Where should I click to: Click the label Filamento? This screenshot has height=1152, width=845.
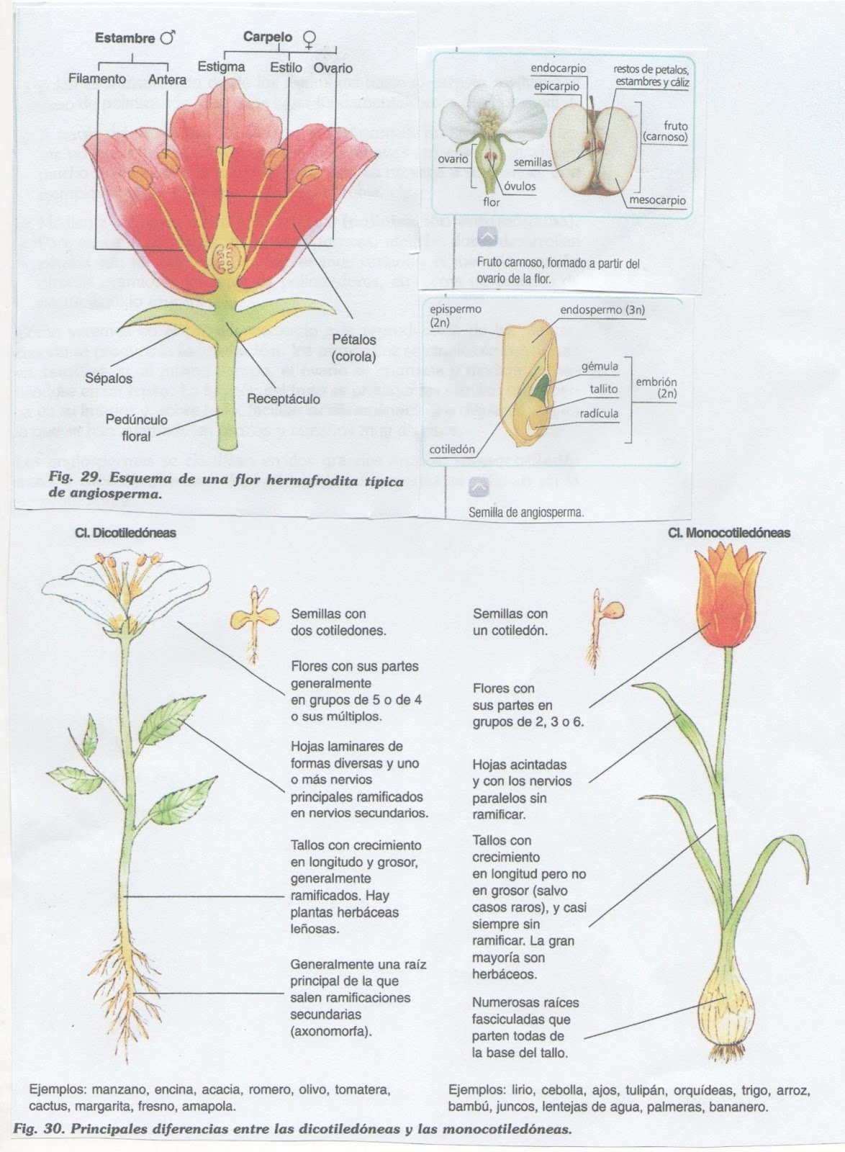[x=97, y=80]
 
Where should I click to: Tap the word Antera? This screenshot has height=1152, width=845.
[x=167, y=80]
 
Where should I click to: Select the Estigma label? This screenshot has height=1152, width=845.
[x=221, y=67]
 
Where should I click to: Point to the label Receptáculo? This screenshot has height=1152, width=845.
[x=283, y=398]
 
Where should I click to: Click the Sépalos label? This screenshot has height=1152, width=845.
[x=109, y=378]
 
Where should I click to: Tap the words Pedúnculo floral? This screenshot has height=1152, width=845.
[x=136, y=428]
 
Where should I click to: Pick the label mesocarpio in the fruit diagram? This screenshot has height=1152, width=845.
[x=658, y=201]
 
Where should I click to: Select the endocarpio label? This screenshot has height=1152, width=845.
[x=559, y=68]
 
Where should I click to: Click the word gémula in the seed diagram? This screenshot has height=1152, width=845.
[x=600, y=366]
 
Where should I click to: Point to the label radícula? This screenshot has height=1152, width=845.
[x=600, y=413]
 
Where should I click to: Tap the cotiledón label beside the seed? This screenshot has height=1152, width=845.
[x=452, y=449]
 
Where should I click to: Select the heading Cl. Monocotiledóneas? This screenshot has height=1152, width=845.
[x=728, y=534]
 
